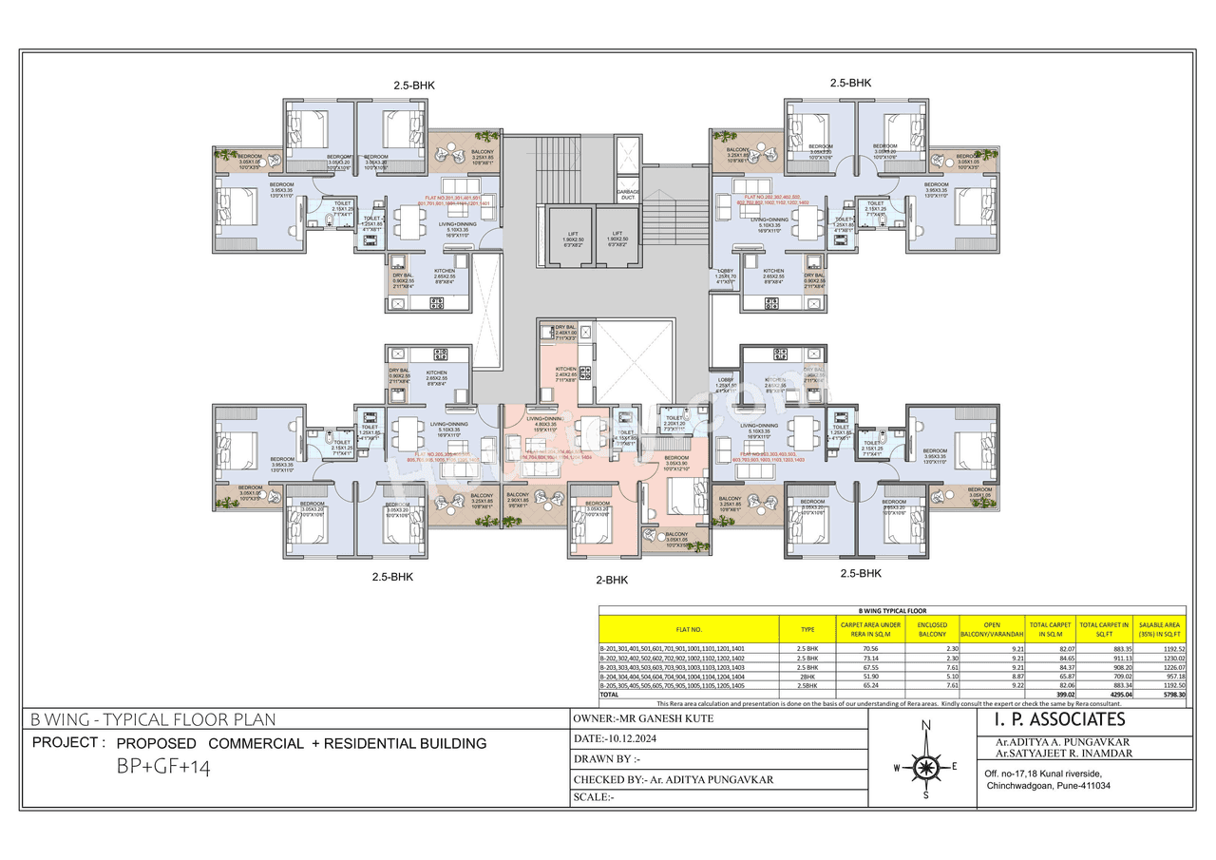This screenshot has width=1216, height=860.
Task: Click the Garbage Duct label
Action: (628, 196)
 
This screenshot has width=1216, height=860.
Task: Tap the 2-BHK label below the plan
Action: (612, 580)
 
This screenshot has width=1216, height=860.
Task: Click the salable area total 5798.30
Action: (1166, 696)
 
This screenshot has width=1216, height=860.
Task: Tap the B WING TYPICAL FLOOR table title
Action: (892, 611)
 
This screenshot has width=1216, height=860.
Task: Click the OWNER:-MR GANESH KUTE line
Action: (643, 719)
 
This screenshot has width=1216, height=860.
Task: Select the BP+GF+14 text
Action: (158, 767)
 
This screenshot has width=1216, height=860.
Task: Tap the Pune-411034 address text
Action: (1048, 786)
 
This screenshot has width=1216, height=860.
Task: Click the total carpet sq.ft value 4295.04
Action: (1102, 696)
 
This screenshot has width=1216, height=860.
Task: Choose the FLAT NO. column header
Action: (689, 629)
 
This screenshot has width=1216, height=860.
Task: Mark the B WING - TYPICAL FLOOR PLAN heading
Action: (153, 720)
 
